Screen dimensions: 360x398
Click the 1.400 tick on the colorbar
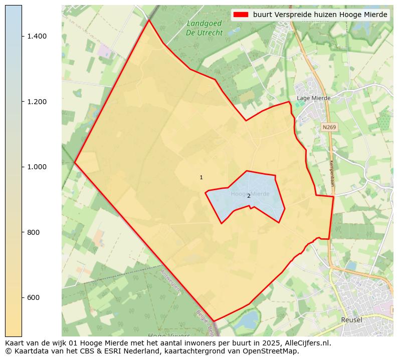(x=37, y=36)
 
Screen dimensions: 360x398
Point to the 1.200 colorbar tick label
(x=37, y=102)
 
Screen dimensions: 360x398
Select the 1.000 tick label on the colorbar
(x=37, y=167)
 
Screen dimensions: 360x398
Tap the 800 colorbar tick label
(x=34, y=232)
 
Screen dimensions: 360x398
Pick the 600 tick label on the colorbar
(x=34, y=297)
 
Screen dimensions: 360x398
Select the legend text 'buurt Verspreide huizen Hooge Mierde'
(x=320, y=15)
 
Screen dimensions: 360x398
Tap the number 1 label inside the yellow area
(x=201, y=177)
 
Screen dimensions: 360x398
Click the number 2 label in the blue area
(x=249, y=196)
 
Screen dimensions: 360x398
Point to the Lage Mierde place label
(x=313, y=98)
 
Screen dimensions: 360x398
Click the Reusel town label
(x=351, y=319)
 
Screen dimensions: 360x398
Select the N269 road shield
(x=329, y=127)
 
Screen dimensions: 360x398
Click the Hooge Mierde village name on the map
(x=250, y=193)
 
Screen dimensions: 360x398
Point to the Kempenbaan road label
(x=332, y=173)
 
